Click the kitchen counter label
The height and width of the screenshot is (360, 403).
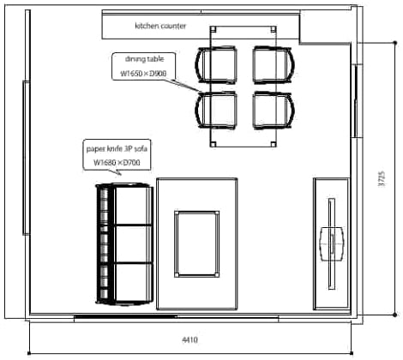160,26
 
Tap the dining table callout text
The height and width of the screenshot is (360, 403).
145,59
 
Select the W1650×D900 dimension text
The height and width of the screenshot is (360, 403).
143,74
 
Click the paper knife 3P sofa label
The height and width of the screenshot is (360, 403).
117,149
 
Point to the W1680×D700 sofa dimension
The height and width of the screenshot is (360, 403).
117,163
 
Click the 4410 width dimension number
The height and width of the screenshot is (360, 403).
189,339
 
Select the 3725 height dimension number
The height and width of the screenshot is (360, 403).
382,179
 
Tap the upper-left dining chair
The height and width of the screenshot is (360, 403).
216,65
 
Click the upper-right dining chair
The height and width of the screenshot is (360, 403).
274,65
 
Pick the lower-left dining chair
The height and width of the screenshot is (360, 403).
216,111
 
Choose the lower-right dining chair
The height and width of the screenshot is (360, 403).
274,111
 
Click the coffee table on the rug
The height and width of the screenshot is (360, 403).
197,244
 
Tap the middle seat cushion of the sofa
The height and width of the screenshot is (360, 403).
133,244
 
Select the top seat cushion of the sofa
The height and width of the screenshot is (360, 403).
133,206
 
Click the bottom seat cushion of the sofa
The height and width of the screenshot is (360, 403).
133,282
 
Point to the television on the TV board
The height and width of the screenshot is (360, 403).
332,243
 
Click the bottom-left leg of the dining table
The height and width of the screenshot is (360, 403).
213,144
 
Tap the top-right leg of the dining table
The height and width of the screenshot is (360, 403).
274,29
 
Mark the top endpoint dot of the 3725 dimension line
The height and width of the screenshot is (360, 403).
395,43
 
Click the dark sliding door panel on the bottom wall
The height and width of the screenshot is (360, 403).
125,316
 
